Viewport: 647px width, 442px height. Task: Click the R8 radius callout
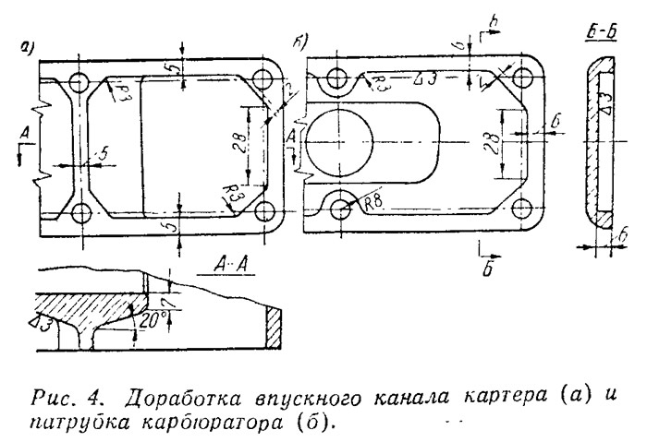tap(372, 204)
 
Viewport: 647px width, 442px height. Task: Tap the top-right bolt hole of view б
tap(525, 78)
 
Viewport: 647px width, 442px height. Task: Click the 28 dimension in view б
tap(492, 143)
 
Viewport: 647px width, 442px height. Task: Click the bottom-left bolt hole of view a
tap(80, 212)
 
